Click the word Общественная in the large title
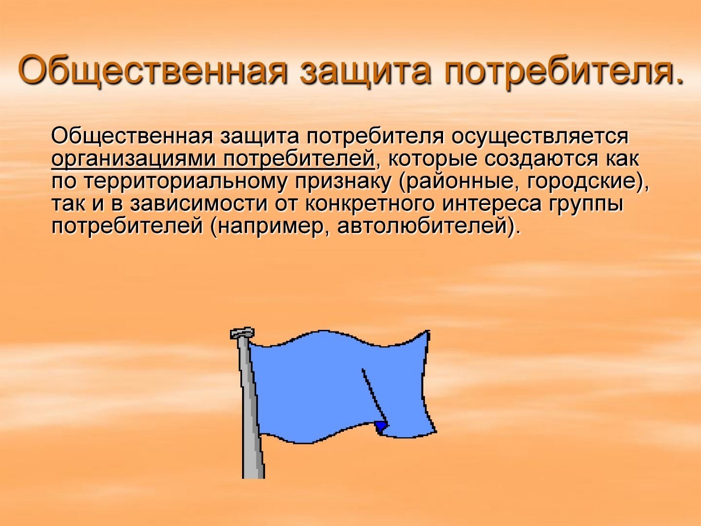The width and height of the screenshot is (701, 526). pyautogui.click(x=152, y=71)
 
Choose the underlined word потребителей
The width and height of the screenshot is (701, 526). pyautogui.click(x=299, y=158)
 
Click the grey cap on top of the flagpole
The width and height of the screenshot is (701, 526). pyautogui.click(x=243, y=333)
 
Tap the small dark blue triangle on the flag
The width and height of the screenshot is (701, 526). pyautogui.click(x=381, y=426)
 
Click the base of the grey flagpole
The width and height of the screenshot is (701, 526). pyautogui.click(x=254, y=473)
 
